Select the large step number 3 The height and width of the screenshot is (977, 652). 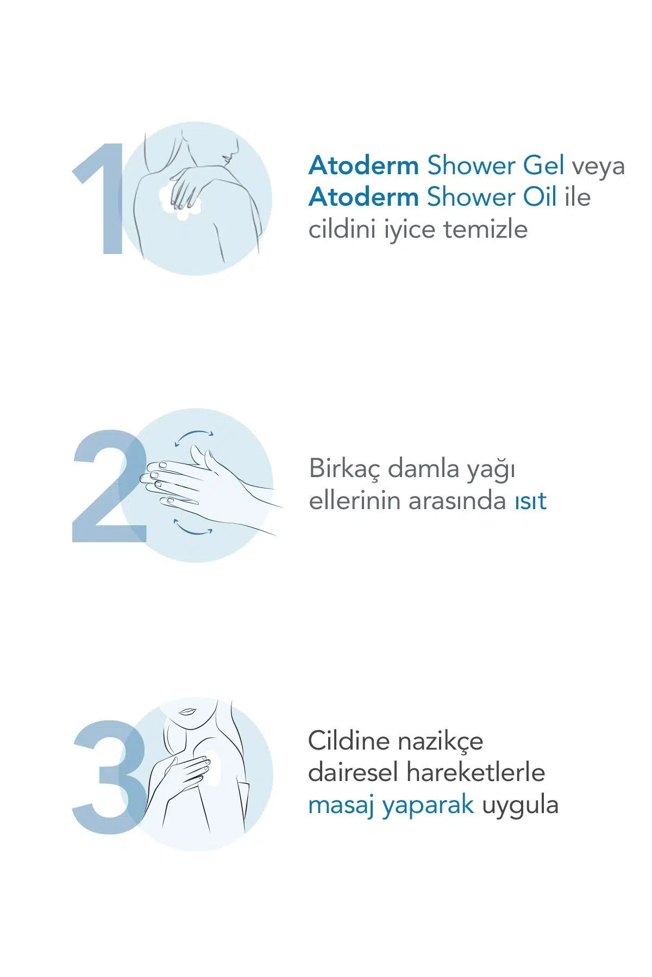coord(110,777)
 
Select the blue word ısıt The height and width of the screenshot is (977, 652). coord(530,501)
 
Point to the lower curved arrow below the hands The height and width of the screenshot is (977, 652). coord(192,530)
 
